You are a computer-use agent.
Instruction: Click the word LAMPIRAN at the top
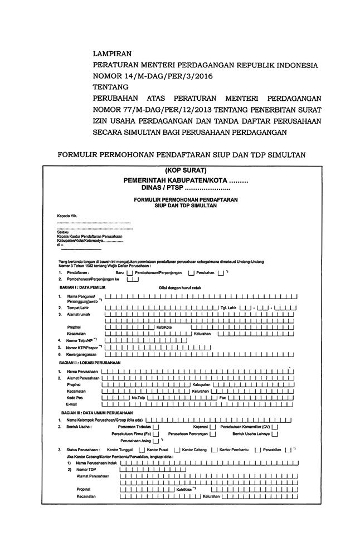point(112,54)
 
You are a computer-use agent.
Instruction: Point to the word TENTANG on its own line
point(110,87)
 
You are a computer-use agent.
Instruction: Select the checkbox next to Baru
point(130,273)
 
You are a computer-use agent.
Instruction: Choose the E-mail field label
point(72,405)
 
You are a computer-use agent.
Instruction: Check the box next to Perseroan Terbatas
point(155,427)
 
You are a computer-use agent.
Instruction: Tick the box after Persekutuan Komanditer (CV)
point(275,427)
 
